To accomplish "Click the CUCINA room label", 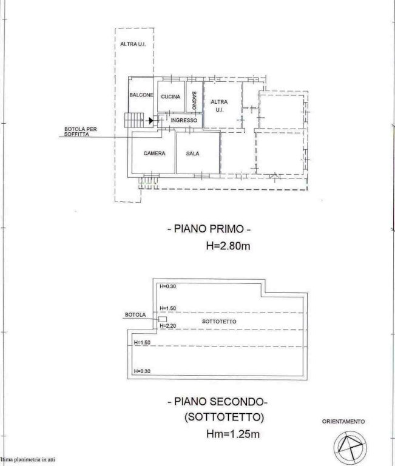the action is click(x=170, y=96).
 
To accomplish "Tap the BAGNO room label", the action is click(x=194, y=101).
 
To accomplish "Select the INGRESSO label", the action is click(x=184, y=120).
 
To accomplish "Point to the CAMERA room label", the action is click(x=154, y=154).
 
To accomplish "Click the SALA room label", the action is click(x=192, y=154).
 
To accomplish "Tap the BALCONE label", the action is click(x=141, y=95).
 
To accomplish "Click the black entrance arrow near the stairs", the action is click(x=151, y=120).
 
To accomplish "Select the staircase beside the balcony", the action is click(x=133, y=120).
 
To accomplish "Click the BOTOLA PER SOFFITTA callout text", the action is click(x=81, y=132).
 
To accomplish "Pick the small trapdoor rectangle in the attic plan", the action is click(x=162, y=319).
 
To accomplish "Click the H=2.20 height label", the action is click(x=168, y=326).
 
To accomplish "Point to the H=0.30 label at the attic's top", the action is click(x=168, y=286).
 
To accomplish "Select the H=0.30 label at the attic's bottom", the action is click(x=142, y=371).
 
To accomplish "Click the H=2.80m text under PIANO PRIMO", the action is click(x=228, y=246).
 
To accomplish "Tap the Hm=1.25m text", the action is click(x=233, y=434).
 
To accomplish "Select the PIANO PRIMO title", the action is click(x=209, y=229).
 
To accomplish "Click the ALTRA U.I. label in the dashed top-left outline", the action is click(x=133, y=44).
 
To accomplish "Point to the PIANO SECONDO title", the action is click(x=218, y=402).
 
